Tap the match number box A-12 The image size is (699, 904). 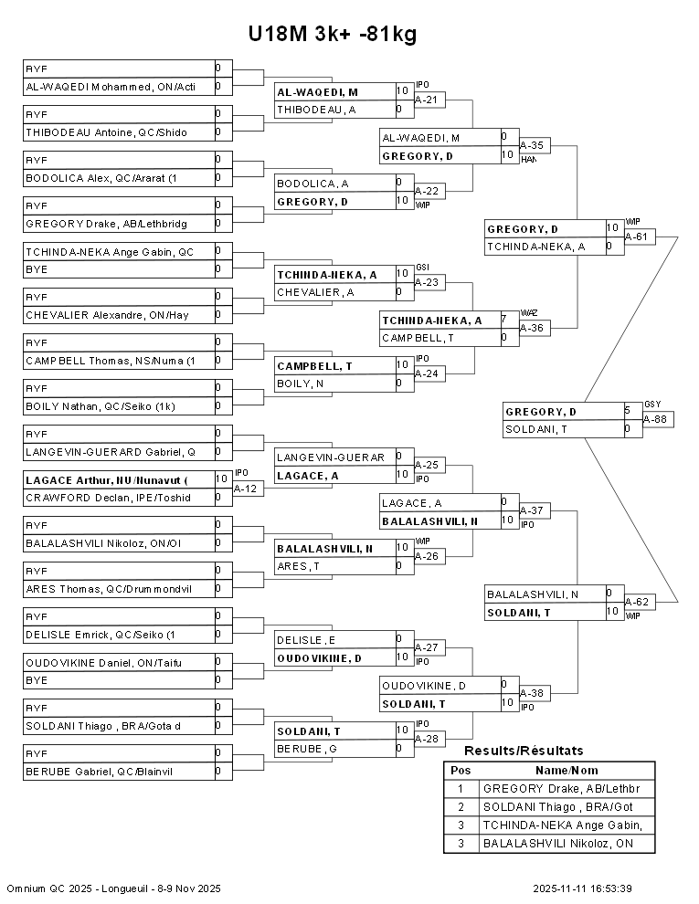point(248,489)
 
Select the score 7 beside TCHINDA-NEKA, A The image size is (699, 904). point(503,320)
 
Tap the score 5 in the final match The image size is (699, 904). point(628,411)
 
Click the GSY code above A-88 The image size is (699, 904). point(651,404)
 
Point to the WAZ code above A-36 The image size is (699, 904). point(528,312)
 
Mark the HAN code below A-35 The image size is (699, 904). point(528,160)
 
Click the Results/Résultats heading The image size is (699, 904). point(524,751)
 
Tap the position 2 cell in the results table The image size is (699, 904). point(461,806)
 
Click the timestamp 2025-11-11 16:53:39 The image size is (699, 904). point(583,888)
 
